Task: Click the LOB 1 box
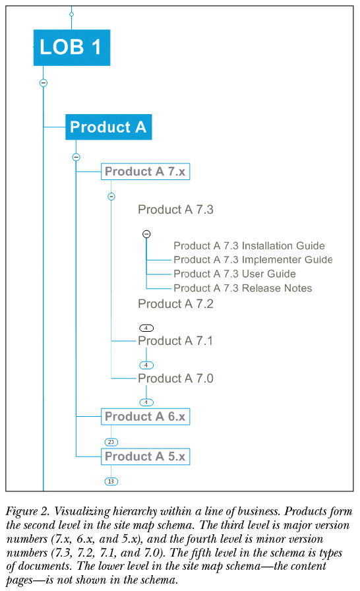(x=72, y=47)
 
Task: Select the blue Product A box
(x=108, y=127)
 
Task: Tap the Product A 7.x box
(x=145, y=171)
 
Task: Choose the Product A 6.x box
(x=145, y=416)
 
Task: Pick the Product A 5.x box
(x=145, y=456)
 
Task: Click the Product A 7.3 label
(x=175, y=210)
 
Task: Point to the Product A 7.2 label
(x=175, y=304)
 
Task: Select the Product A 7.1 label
(x=175, y=341)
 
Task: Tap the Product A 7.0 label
(x=175, y=378)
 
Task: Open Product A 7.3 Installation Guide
(x=249, y=246)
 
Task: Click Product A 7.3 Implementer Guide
(x=253, y=260)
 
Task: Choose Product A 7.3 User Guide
(x=235, y=274)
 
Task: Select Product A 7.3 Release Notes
(x=243, y=288)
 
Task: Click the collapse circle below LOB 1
(x=44, y=82)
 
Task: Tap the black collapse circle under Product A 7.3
(x=146, y=234)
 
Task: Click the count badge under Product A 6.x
(x=111, y=442)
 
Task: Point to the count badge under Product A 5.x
(x=111, y=482)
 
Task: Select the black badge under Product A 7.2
(x=146, y=328)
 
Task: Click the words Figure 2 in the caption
(x=28, y=511)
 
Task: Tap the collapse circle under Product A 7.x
(x=111, y=197)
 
